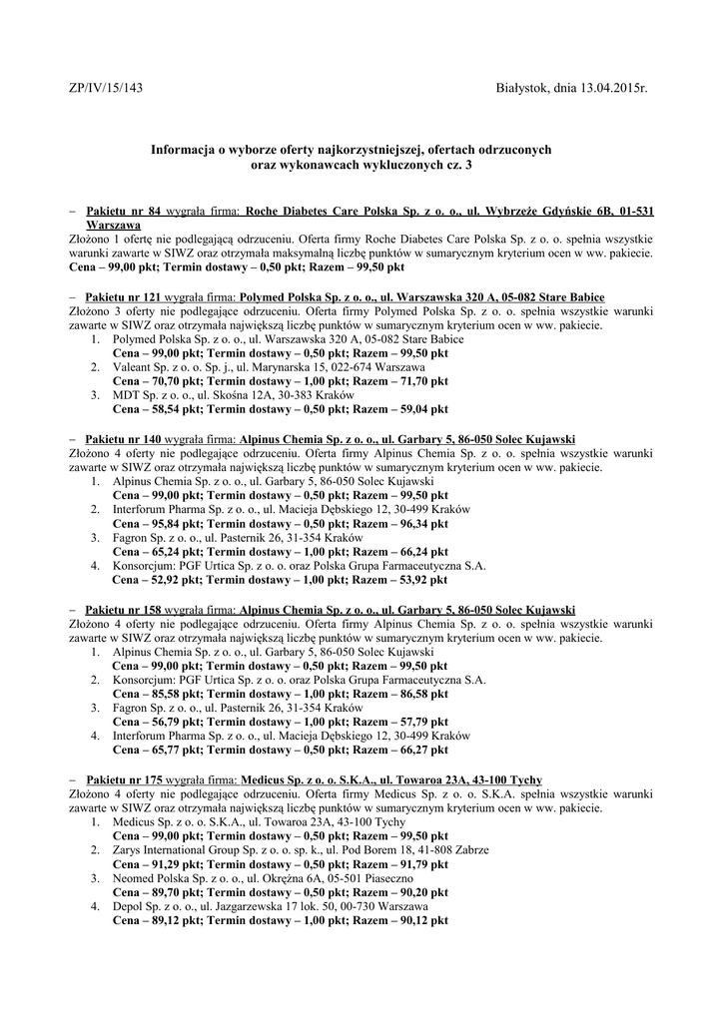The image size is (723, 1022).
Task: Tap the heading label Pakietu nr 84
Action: (124, 213)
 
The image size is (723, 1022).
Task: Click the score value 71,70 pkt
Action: (420, 381)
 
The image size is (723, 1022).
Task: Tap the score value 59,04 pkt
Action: (420, 409)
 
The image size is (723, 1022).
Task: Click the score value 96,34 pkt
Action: (420, 523)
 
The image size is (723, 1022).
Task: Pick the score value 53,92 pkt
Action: (420, 579)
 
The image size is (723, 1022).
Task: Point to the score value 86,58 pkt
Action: (420, 693)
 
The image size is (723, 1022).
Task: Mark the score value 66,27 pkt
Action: (420, 749)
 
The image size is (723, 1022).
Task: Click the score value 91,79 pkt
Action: (420, 863)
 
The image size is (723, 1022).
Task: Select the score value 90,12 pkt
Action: (420, 919)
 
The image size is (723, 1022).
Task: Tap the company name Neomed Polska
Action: (149, 877)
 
